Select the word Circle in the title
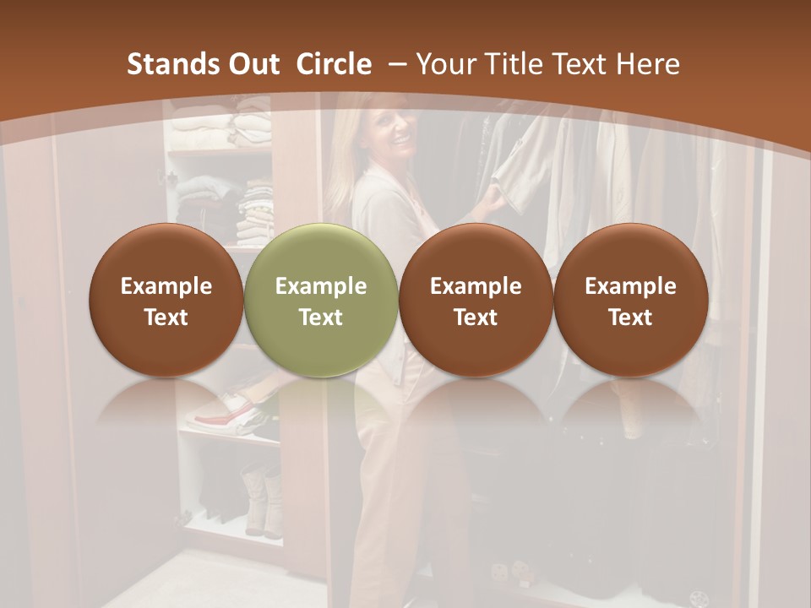pyautogui.click(x=334, y=64)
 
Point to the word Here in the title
pyautogui.click(x=648, y=64)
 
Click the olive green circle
pyautogui.click(x=321, y=300)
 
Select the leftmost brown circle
pyautogui.click(x=166, y=300)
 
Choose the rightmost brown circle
pyautogui.click(x=630, y=300)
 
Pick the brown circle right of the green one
pyautogui.click(x=476, y=300)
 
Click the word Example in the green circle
pyautogui.click(x=321, y=286)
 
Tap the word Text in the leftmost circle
pyautogui.click(x=166, y=318)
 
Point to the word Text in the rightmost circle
pyautogui.click(x=630, y=318)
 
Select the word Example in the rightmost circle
pyautogui.click(x=630, y=286)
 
